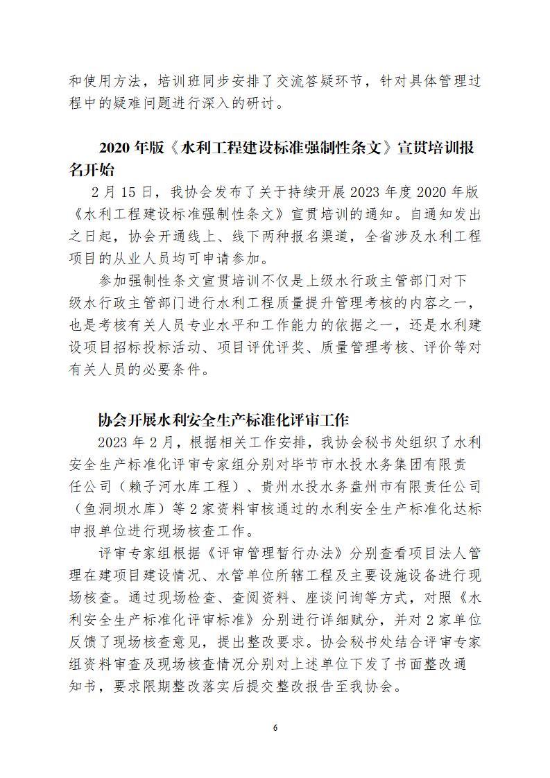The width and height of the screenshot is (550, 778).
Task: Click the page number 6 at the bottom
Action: click(x=275, y=728)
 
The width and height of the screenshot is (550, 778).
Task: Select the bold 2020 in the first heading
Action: click(x=114, y=148)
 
